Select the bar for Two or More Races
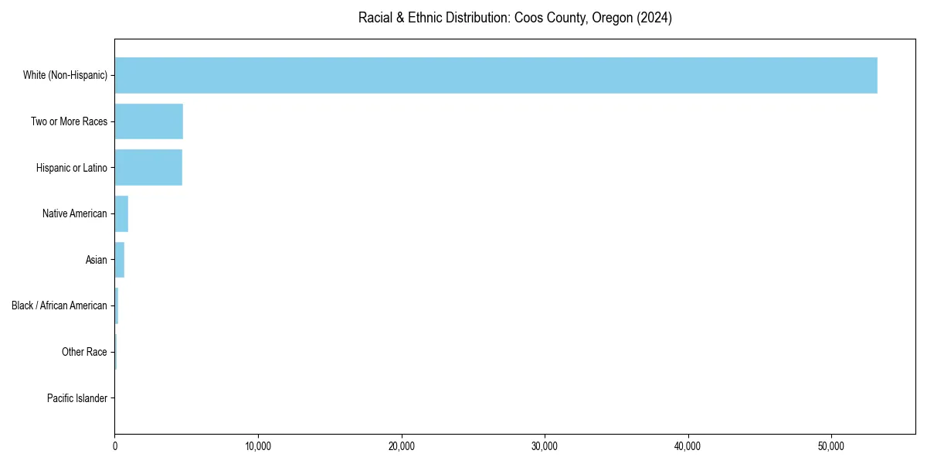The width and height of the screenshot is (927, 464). [149, 121]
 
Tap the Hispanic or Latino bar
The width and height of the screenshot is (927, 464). [148, 168]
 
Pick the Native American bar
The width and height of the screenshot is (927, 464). [121, 213]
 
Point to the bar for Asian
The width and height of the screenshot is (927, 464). [120, 260]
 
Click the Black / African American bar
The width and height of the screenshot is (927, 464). [117, 305]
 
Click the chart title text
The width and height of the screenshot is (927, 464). [514, 18]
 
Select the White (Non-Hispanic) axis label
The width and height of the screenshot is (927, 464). [65, 75]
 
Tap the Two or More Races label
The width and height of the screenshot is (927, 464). [69, 121]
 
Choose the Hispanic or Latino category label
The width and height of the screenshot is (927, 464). [71, 168]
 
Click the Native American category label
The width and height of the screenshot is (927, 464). [75, 213]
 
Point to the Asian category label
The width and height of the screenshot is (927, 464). [97, 260]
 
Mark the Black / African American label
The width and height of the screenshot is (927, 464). [59, 305]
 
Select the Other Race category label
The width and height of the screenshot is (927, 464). [84, 352]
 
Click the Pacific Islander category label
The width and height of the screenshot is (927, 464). [77, 398]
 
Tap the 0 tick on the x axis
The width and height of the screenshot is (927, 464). [115, 446]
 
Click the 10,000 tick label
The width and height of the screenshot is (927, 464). [258, 446]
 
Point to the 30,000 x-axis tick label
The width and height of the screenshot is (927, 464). [545, 446]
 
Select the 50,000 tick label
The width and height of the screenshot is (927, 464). [831, 446]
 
